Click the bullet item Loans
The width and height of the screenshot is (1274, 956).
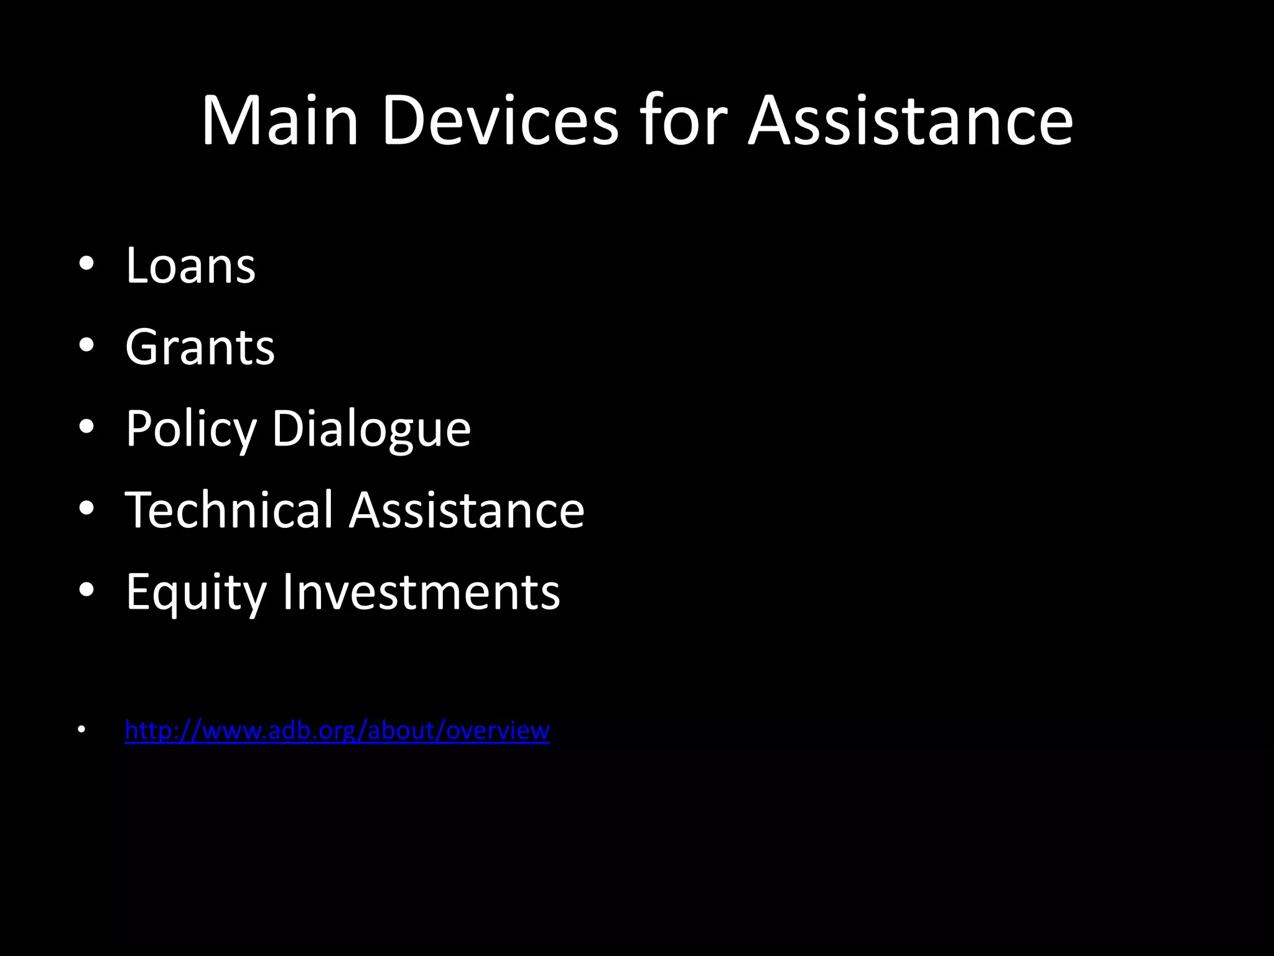(x=190, y=266)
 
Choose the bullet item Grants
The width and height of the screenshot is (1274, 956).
(x=200, y=347)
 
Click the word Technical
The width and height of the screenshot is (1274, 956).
(x=230, y=510)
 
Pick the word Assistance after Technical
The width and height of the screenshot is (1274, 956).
(x=467, y=510)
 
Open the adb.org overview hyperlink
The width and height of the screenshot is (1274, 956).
(x=337, y=730)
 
